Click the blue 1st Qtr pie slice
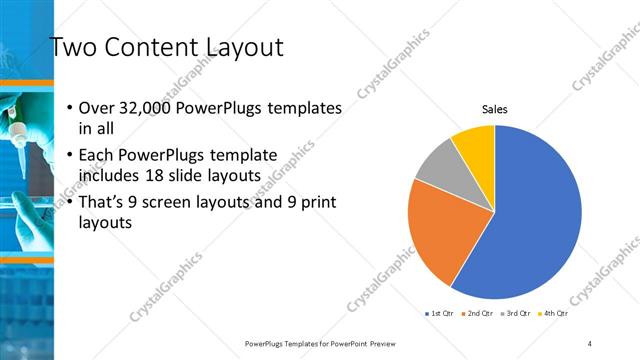coord(530,220)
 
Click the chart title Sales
coord(495,109)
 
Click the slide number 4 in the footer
coord(590,343)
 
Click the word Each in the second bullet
coord(96,156)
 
